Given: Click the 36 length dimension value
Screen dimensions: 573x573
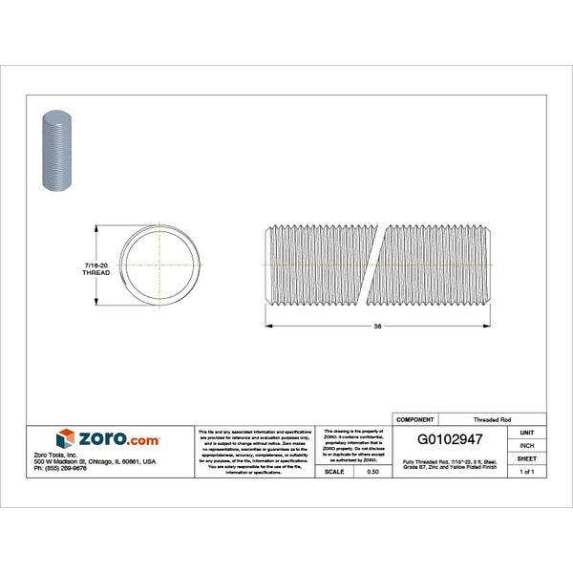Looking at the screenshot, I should coord(378,327).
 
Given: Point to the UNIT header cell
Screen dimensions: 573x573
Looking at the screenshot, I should coord(525,432).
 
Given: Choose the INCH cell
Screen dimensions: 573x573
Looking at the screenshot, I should coord(525,445).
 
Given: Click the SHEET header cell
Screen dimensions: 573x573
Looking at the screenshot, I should coord(525,458).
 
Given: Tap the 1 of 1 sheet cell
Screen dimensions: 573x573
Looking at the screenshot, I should coord(525,472).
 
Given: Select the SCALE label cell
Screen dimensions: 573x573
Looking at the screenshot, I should coord(335,472).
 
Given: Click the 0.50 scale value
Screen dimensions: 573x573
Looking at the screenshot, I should coord(373,472).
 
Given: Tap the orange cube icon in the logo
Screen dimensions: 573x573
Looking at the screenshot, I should coord(65,439).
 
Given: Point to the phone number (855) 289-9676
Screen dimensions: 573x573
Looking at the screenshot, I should coord(60,468).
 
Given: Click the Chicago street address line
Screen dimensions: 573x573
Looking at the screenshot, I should coord(95,461).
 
